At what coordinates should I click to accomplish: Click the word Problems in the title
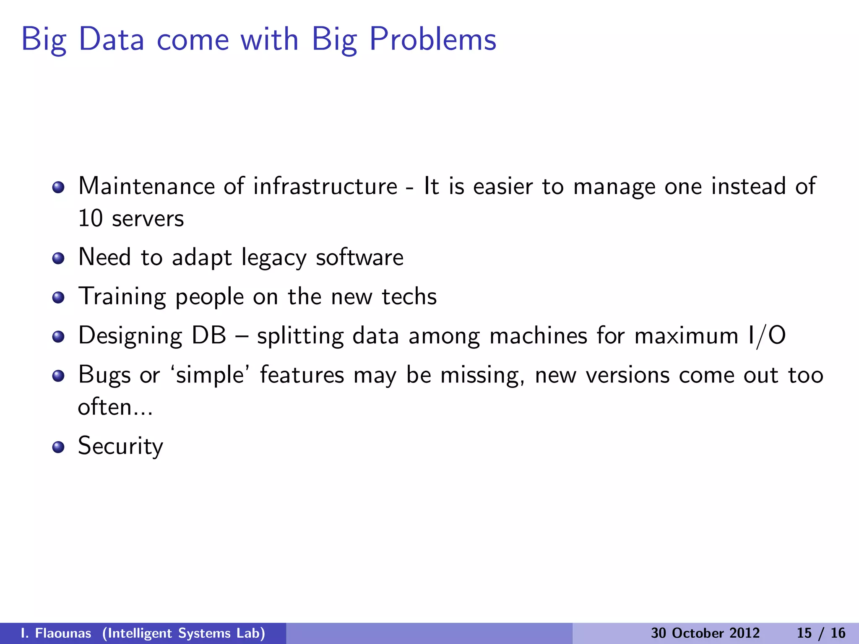click(432, 39)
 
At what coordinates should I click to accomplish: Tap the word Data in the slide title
click(111, 39)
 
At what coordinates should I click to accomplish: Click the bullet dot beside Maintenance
click(58, 187)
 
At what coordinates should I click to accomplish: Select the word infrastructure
click(325, 186)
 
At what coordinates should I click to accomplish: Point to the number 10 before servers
click(90, 218)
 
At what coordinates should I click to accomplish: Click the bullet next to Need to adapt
click(58, 258)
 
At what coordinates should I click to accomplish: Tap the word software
click(359, 257)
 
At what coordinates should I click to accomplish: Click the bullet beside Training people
click(58, 298)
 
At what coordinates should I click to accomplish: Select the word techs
click(409, 297)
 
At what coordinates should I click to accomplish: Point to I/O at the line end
click(766, 336)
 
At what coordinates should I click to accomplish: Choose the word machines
click(538, 336)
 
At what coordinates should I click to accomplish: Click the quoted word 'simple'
click(210, 375)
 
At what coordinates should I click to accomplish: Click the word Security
click(120, 446)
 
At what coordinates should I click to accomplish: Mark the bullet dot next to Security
click(58, 447)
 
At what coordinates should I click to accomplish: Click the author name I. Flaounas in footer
click(56, 633)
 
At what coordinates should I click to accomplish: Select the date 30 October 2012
click(705, 633)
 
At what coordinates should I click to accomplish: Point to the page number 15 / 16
click(821, 633)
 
